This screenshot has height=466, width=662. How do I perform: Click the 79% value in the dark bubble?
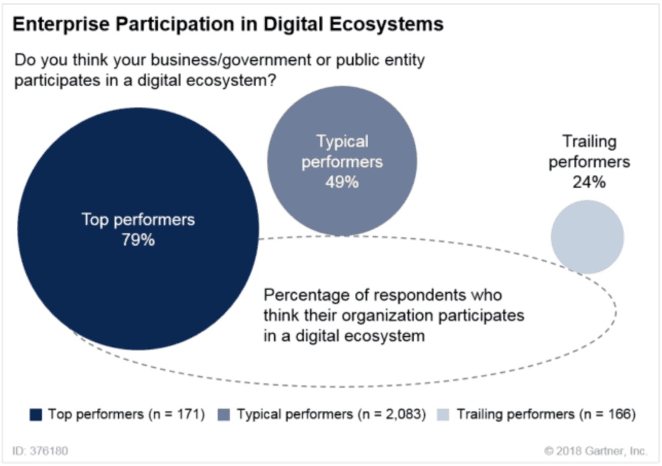[138, 240]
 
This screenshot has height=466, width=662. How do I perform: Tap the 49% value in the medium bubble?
[341, 182]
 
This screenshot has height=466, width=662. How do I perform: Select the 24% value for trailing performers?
[588, 182]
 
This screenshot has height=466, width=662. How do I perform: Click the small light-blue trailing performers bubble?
[587, 237]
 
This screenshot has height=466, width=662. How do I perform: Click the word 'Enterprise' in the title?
[55, 25]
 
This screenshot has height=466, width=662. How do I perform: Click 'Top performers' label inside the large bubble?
[138, 219]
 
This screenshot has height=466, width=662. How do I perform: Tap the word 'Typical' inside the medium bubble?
[342, 142]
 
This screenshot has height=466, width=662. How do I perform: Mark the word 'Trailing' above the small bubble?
[589, 142]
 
